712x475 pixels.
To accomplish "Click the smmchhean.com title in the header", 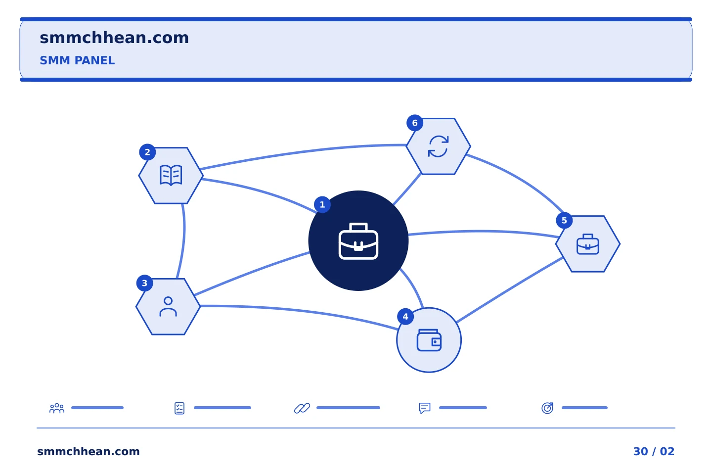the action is [x=114, y=38].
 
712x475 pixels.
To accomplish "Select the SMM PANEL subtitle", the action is [x=77, y=60].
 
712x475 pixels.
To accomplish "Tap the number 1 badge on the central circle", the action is [x=322, y=204].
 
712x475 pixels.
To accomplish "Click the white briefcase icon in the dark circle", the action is [x=358, y=241].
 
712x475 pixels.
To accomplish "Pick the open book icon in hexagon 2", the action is [x=171, y=175].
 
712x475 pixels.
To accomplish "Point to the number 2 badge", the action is [x=147, y=152].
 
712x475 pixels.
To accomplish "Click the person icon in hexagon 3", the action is [x=168, y=307].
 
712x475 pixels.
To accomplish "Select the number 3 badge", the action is [x=144, y=283].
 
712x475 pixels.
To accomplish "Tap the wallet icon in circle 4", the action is [x=429, y=340].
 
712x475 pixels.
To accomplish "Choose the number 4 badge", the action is [x=405, y=317].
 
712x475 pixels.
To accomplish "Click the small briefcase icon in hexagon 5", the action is [x=588, y=244].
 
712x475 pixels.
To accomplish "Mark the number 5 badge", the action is [x=564, y=221].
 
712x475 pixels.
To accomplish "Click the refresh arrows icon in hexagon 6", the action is [x=438, y=146].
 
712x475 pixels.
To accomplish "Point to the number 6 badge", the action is [x=415, y=123].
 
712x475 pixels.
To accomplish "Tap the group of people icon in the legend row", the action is [x=57, y=408].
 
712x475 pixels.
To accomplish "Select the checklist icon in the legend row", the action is [x=179, y=408].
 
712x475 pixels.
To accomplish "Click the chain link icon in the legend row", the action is [x=302, y=408].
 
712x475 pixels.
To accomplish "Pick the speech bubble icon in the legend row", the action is [x=425, y=408].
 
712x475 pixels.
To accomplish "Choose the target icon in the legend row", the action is [x=547, y=408].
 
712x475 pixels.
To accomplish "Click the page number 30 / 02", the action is [x=654, y=451].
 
